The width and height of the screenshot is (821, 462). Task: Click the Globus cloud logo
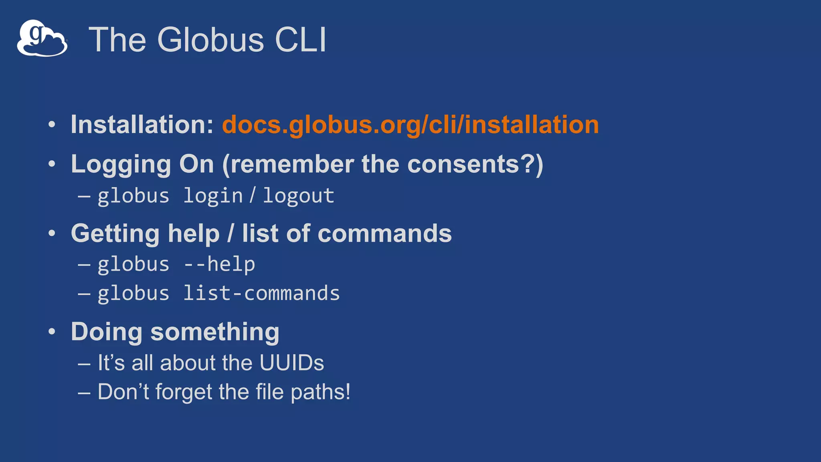[42, 38]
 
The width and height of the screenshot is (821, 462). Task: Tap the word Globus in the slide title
[210, 40]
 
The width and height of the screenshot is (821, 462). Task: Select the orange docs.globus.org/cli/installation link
[410, 125]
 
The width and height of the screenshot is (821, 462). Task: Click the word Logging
[121, 165]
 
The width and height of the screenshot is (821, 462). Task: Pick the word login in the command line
[213, 196]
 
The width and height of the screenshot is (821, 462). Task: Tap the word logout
[298, 196]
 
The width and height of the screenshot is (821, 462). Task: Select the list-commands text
[261, 294]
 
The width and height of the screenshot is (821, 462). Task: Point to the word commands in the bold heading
[384, 234]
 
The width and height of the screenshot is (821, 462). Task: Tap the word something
[215, 332]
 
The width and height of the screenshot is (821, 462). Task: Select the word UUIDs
[291, 363]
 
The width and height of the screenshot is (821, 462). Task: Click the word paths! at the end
[320, 392]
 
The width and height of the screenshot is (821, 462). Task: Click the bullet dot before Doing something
[52, 332]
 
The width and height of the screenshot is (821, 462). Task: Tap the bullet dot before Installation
[52, 124]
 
